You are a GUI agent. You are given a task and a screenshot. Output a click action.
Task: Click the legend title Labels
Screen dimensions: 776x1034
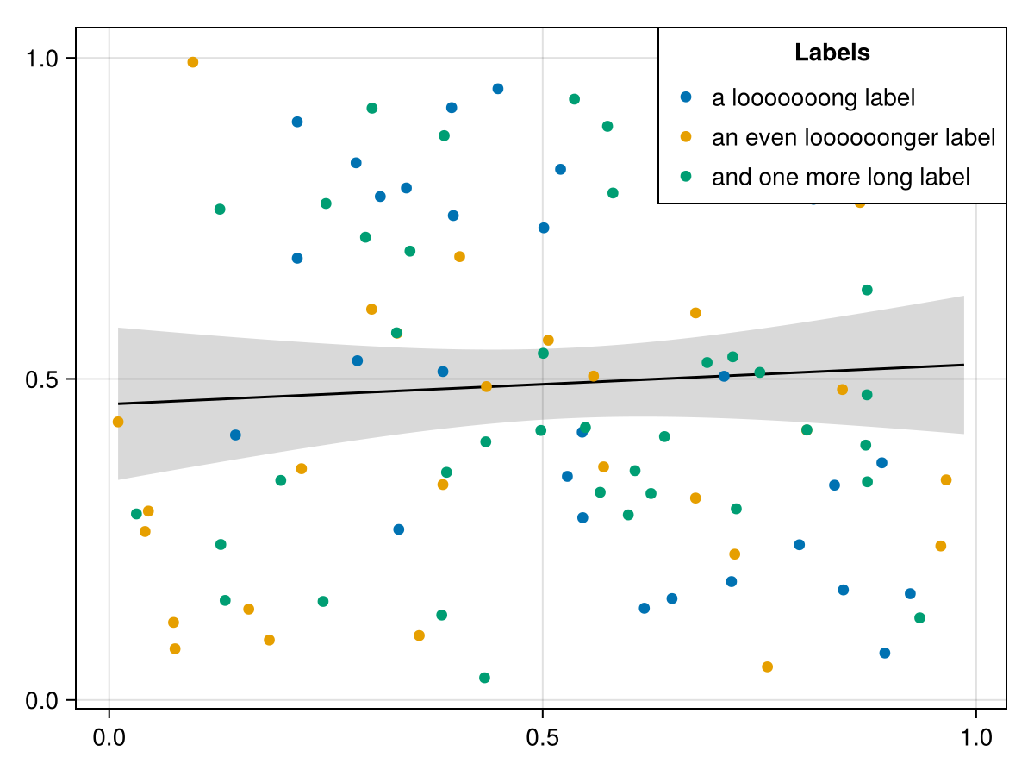click(x=832, y=53)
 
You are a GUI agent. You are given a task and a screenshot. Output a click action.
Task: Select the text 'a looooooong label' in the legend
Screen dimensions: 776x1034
click(x=813, y=97)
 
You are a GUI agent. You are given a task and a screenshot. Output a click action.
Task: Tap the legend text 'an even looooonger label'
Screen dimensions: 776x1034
click(x=853, y=137)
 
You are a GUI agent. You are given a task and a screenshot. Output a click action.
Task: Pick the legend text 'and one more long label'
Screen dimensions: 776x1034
click(x=840, y=177)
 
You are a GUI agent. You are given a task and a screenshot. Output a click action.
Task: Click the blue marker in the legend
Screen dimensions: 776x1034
click(x=686, y=97)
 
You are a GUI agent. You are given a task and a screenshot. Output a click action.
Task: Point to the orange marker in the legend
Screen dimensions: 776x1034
click(x=686, y=136)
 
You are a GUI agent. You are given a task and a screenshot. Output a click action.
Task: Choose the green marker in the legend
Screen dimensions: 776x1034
click(x=686, y=176)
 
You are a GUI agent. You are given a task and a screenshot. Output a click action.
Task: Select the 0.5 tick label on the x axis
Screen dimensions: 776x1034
click(x=542, y=740)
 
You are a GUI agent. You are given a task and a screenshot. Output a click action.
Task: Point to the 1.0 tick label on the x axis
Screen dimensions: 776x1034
click(x=975, y=740)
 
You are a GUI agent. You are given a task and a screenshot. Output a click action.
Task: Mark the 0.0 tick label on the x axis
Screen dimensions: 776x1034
click(x=109, y=740)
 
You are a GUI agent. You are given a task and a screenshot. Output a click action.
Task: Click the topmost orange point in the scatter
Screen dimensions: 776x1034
click(x=192, y=62)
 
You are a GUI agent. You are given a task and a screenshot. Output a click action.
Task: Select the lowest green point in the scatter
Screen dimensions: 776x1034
click(x=484, y=678)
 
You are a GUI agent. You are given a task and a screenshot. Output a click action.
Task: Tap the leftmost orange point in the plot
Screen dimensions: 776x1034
click(x=118, y=422)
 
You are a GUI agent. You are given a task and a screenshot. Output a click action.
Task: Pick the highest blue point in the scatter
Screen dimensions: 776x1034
click(x=497, y=89)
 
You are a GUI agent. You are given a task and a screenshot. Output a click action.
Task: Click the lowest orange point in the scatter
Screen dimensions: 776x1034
click(x=767, y=666)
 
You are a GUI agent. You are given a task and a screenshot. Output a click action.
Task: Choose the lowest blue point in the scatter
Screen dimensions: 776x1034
click(x=884, y=653)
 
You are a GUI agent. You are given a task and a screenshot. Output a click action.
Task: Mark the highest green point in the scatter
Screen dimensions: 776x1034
click(x=574, y=99)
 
